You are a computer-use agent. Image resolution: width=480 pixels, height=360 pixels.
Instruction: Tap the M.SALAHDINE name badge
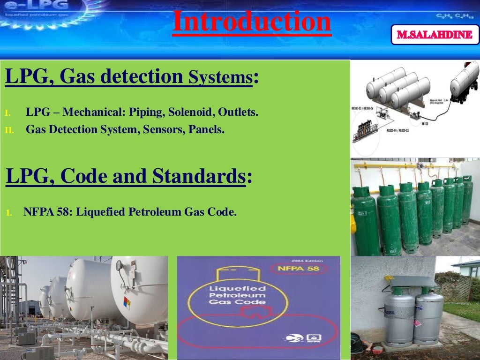[x=435, y=35]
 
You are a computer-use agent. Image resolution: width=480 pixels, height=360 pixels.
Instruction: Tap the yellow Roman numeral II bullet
[x=9, y=130]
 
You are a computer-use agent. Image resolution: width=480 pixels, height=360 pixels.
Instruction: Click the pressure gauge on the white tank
[x=119, y=266]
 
